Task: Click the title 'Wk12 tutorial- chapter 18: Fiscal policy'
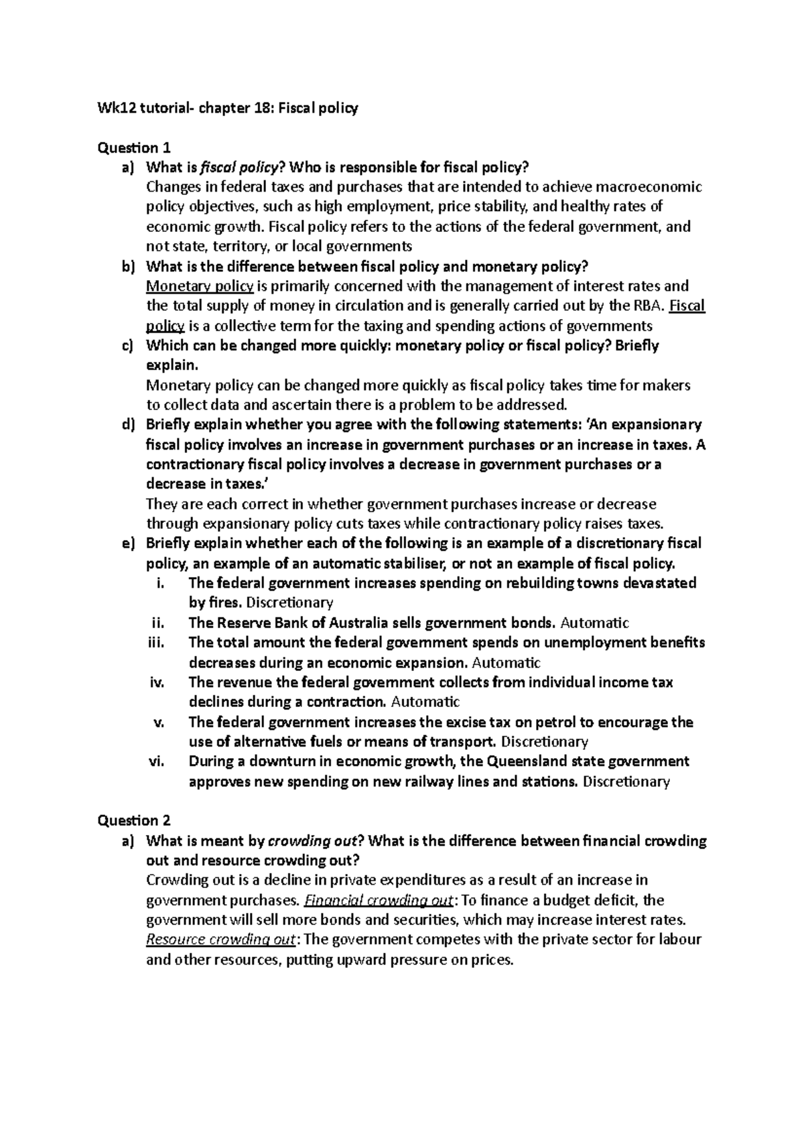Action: tap(228, 108)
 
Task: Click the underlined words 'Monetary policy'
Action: tap(200, 287)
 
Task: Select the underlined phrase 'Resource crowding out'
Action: tap(220, 940)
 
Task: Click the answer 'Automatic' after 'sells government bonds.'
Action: tap(594, 623)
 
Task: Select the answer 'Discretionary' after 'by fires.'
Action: tap(290, 603)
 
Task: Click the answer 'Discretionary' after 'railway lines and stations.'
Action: tap(626, 781)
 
